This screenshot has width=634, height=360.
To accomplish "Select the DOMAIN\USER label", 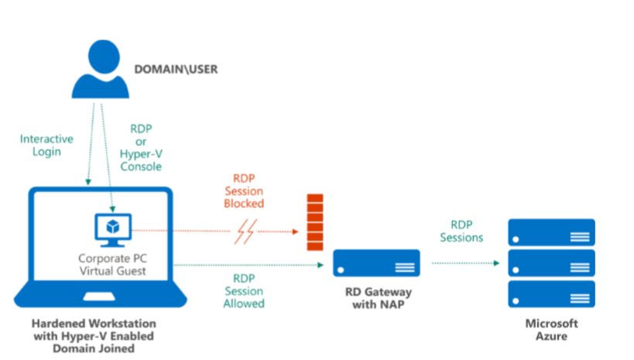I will [176, 70].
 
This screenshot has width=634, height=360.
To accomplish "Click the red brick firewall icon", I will [314, 221].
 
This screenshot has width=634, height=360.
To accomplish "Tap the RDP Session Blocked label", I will [244, 191].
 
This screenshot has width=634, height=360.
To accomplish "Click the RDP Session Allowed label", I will [244, 290].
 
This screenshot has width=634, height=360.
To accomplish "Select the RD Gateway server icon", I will [376, 263].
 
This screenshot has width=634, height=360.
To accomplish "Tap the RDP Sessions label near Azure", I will [462, 231].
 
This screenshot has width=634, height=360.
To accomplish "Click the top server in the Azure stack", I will [550, 232].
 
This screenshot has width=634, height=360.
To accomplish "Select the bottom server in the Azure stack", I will [550, 294].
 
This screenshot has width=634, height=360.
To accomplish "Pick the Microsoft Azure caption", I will [550, 330].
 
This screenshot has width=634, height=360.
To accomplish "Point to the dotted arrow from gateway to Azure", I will [464, 263].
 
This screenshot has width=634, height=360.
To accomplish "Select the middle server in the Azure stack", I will [550, 263].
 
